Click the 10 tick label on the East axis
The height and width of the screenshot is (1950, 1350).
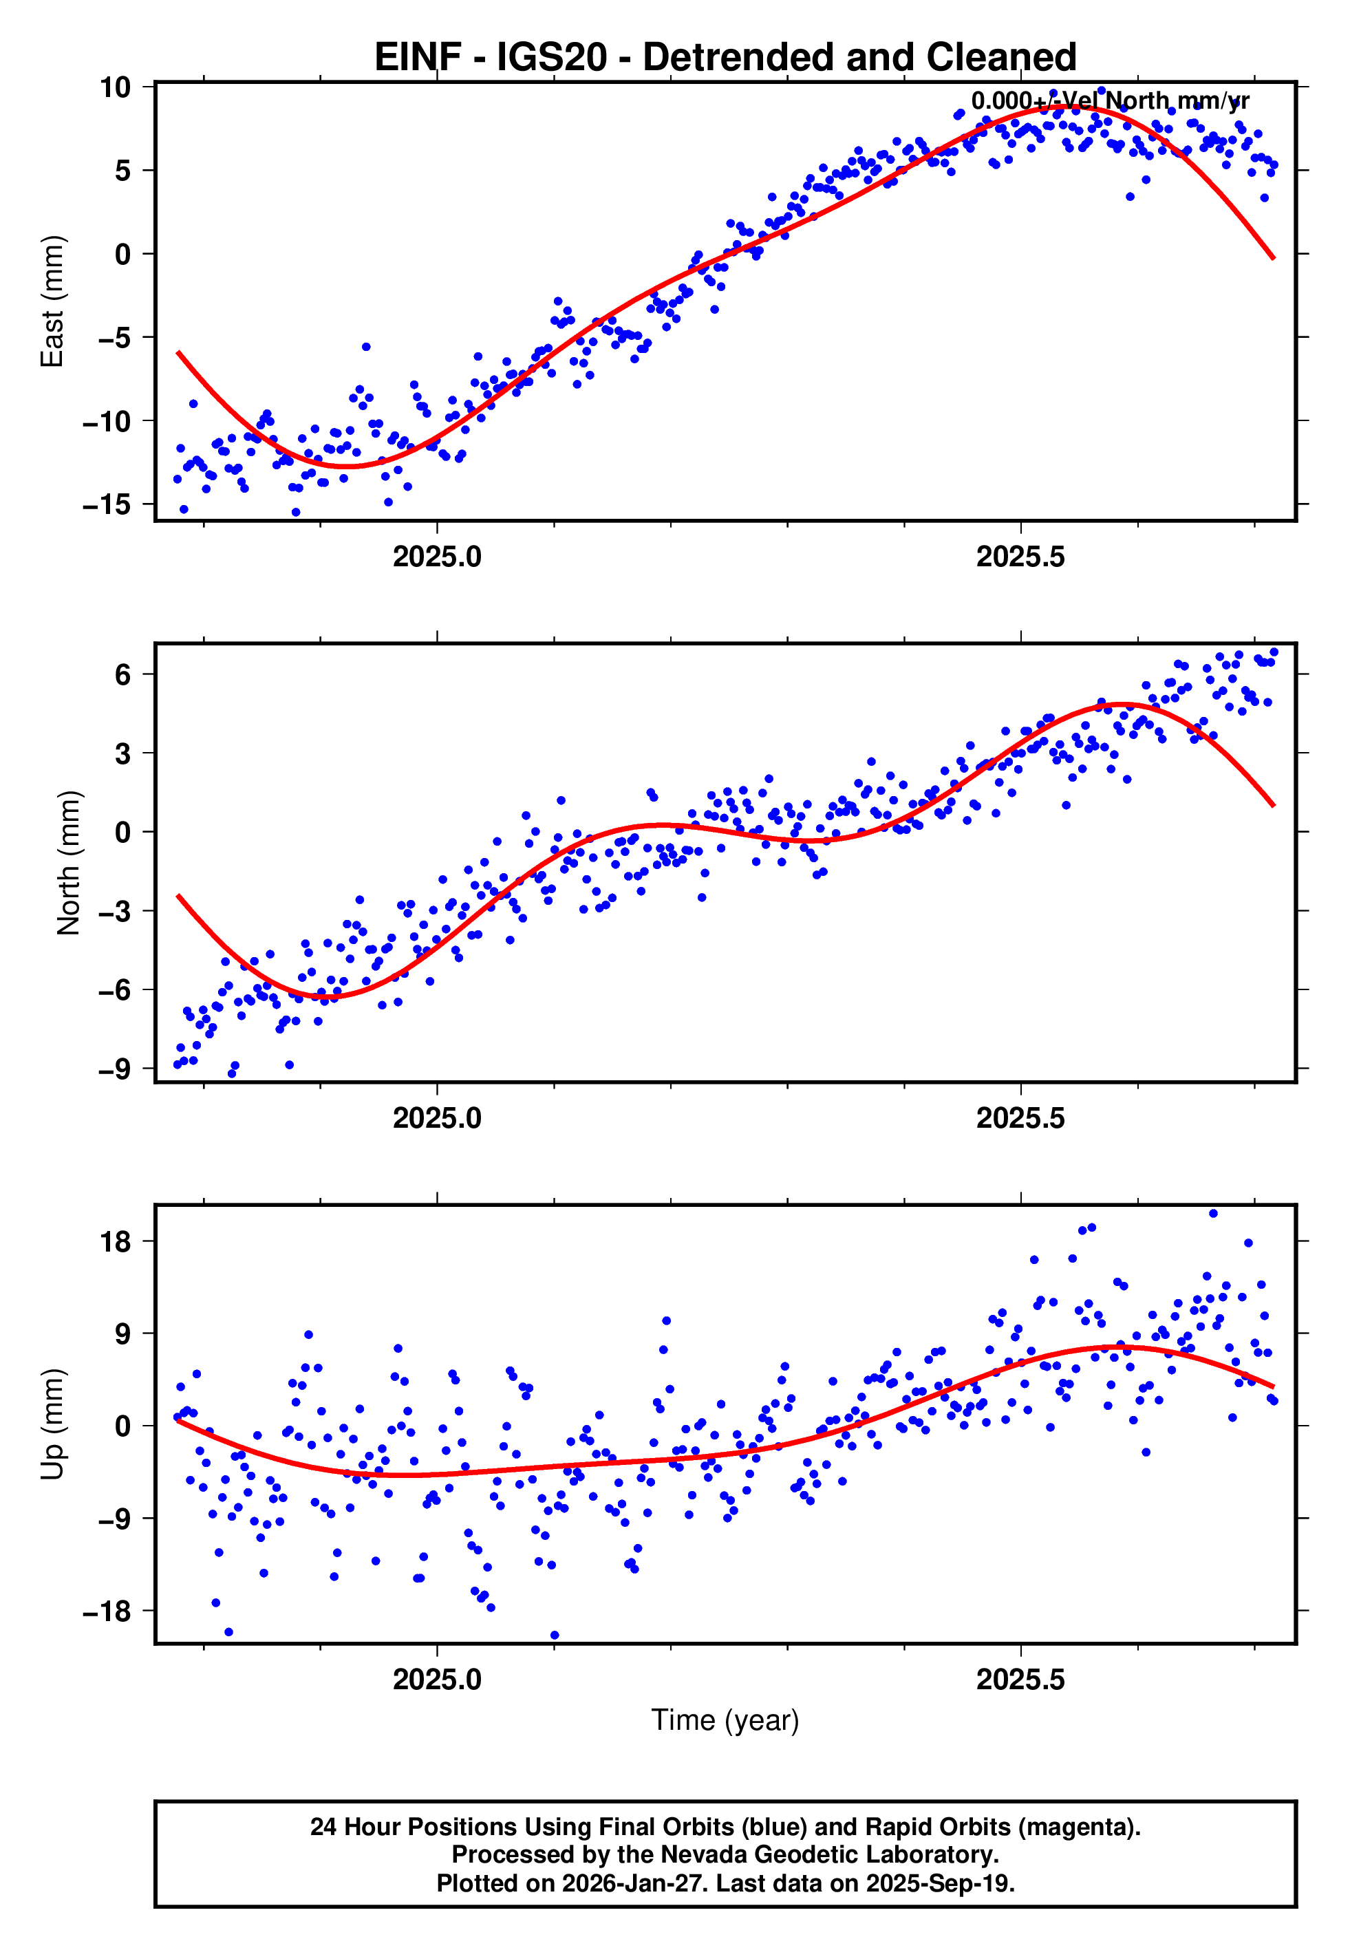pyautogui.click(x=116, y=87)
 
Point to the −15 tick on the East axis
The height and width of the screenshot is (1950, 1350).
pyautogui.click(x=107, y=505)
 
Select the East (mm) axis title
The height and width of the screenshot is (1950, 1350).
pyautogui.click(x=52, y=301)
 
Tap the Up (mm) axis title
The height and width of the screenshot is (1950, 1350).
pyautogui.click(x=52, y=1424)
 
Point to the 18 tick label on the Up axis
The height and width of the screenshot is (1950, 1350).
pyautogui.click(x=116, y=1242)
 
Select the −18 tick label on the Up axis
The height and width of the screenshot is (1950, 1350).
pyautogui.click(x=107, y=1611)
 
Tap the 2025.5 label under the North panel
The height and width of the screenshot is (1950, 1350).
pyautogui.click(x=1020, y=1119)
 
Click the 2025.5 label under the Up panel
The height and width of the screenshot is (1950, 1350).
pyautogui.click(x=1020, y=1680)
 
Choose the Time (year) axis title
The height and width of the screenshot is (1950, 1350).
pyautogui.click(x=725, y=1721)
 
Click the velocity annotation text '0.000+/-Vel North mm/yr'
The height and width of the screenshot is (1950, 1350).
pyautogui.click(x=1110, y=101)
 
